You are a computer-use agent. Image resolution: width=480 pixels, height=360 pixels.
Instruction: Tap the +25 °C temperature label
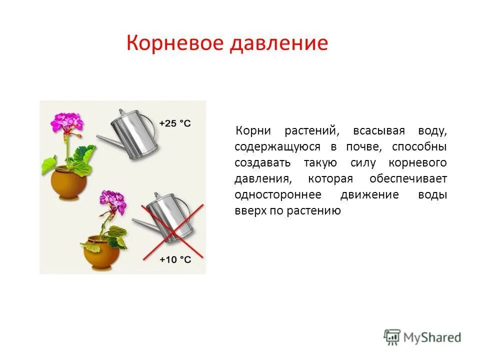pos(175,123)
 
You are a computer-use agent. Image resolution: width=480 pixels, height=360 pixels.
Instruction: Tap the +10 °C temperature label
pos(175,259)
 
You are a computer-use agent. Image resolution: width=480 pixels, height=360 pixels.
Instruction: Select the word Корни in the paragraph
pos(253,131)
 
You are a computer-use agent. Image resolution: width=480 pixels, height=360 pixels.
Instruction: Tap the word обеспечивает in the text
pos(408,179)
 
